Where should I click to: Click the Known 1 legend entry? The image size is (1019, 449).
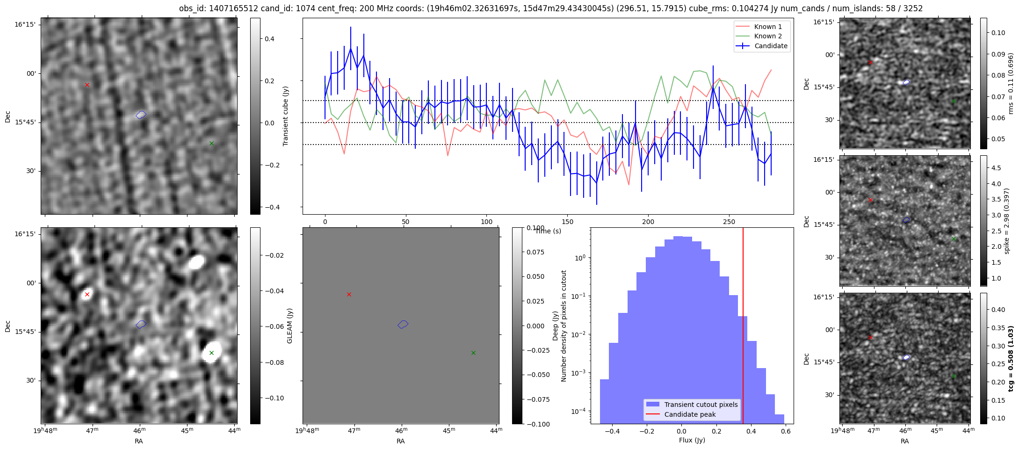click(767, 27)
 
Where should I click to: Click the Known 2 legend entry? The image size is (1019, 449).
click(767, 36)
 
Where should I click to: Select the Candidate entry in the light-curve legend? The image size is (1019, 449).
click(771, 46)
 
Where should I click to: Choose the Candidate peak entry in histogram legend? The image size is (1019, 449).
click(690, 414)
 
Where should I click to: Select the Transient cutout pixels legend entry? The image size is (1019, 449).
click(701, 405)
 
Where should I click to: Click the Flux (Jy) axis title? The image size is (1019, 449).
click(692, 440)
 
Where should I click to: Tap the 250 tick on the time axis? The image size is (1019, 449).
click(729, 222)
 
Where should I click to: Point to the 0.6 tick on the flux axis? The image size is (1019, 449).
click(786, 431)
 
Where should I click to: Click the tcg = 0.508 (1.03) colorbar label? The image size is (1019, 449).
click(1010, 359)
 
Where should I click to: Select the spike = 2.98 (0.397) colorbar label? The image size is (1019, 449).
click(1006, 221)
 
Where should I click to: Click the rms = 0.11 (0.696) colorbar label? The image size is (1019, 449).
click(1010, 83)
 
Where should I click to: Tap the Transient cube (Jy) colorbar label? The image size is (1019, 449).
click(285, 116)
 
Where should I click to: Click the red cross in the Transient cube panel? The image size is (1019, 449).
click(87, 85)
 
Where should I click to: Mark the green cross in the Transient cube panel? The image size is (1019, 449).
click(211, 144)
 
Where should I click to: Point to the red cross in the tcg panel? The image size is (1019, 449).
click(870, 337)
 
